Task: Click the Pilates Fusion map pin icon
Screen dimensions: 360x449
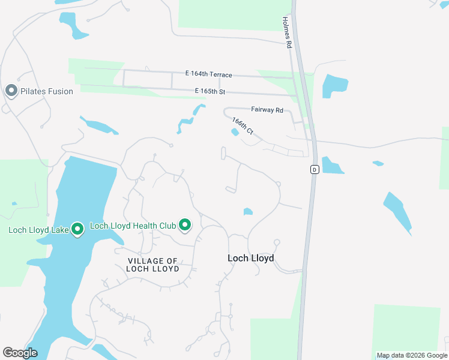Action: (x=11, y=91)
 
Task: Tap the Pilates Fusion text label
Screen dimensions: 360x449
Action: (x=47, y=91)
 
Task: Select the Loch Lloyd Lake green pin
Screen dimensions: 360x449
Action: (x=77, y=229)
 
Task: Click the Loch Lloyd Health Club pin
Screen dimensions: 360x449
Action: (x=185, y=226)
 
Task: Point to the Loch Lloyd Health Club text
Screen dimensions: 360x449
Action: (x=133, y=226)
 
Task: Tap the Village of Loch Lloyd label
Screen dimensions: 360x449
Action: (x=153, y=265)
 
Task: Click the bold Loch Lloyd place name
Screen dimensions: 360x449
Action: (x=251, y=258)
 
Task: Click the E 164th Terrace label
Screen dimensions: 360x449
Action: (x=208, y=74)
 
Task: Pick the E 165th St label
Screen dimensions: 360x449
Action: (x=209, y=91)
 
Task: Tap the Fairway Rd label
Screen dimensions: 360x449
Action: (x=267, y=110)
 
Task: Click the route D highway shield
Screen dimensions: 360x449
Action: (x=314, y=170)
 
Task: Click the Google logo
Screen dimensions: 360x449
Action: (x=20, y=353)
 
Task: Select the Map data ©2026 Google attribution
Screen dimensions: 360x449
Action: (x=411, y=356)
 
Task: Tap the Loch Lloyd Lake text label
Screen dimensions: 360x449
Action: (x=37, y=229)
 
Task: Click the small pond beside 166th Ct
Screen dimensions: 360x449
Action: (x=235, y=133)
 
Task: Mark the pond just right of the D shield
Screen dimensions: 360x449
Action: (x=332, y=165)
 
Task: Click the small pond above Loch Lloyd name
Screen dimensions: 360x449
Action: (x=248, y=211)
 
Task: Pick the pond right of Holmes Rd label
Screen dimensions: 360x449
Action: (x=334, y=86)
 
